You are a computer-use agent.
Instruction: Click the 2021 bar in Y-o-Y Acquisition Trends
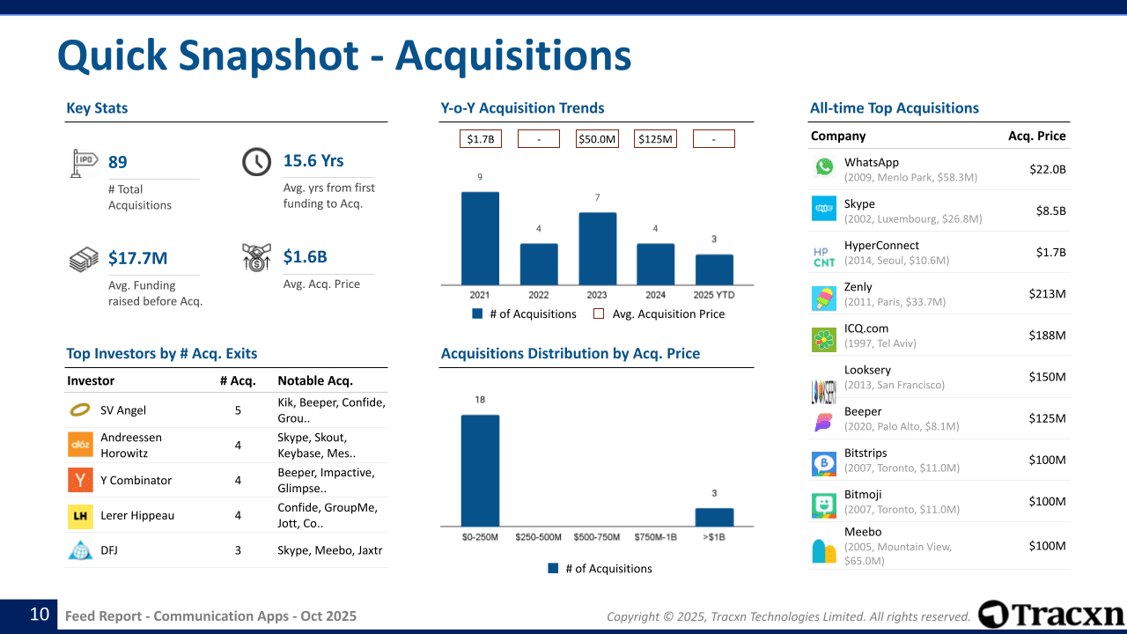[x=480, y=238]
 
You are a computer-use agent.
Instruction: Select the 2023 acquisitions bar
[x=597, y=248]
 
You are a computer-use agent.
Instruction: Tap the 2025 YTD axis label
[x=714, y=295]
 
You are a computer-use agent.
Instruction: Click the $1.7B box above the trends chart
[x=481, y=139]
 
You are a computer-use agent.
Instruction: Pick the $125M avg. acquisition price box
[x=655, y=139]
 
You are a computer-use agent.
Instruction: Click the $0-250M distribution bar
[x=480, y=470]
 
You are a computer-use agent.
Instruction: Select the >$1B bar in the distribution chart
[x=714, y=517]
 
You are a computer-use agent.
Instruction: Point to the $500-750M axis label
[x=597, y=537]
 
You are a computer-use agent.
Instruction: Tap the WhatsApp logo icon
[x=824, y=167]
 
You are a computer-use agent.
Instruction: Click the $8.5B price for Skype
[x=1050, y=211]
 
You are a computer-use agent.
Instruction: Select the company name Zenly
[x=858, y=287]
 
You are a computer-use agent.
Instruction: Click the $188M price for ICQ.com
[x=1047, y=335]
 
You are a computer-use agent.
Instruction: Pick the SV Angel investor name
[x=123, y=410]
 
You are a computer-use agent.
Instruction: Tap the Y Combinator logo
[x=80, y=480]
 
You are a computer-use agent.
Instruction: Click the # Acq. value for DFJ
[x=238, y=550]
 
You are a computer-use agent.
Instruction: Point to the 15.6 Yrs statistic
[x=313, y=161]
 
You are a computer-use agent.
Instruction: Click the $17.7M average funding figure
[x=137, y=258]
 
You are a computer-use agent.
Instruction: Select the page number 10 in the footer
[x=40, y=615]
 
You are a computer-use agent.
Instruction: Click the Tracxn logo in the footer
[x=1051, y=615]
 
